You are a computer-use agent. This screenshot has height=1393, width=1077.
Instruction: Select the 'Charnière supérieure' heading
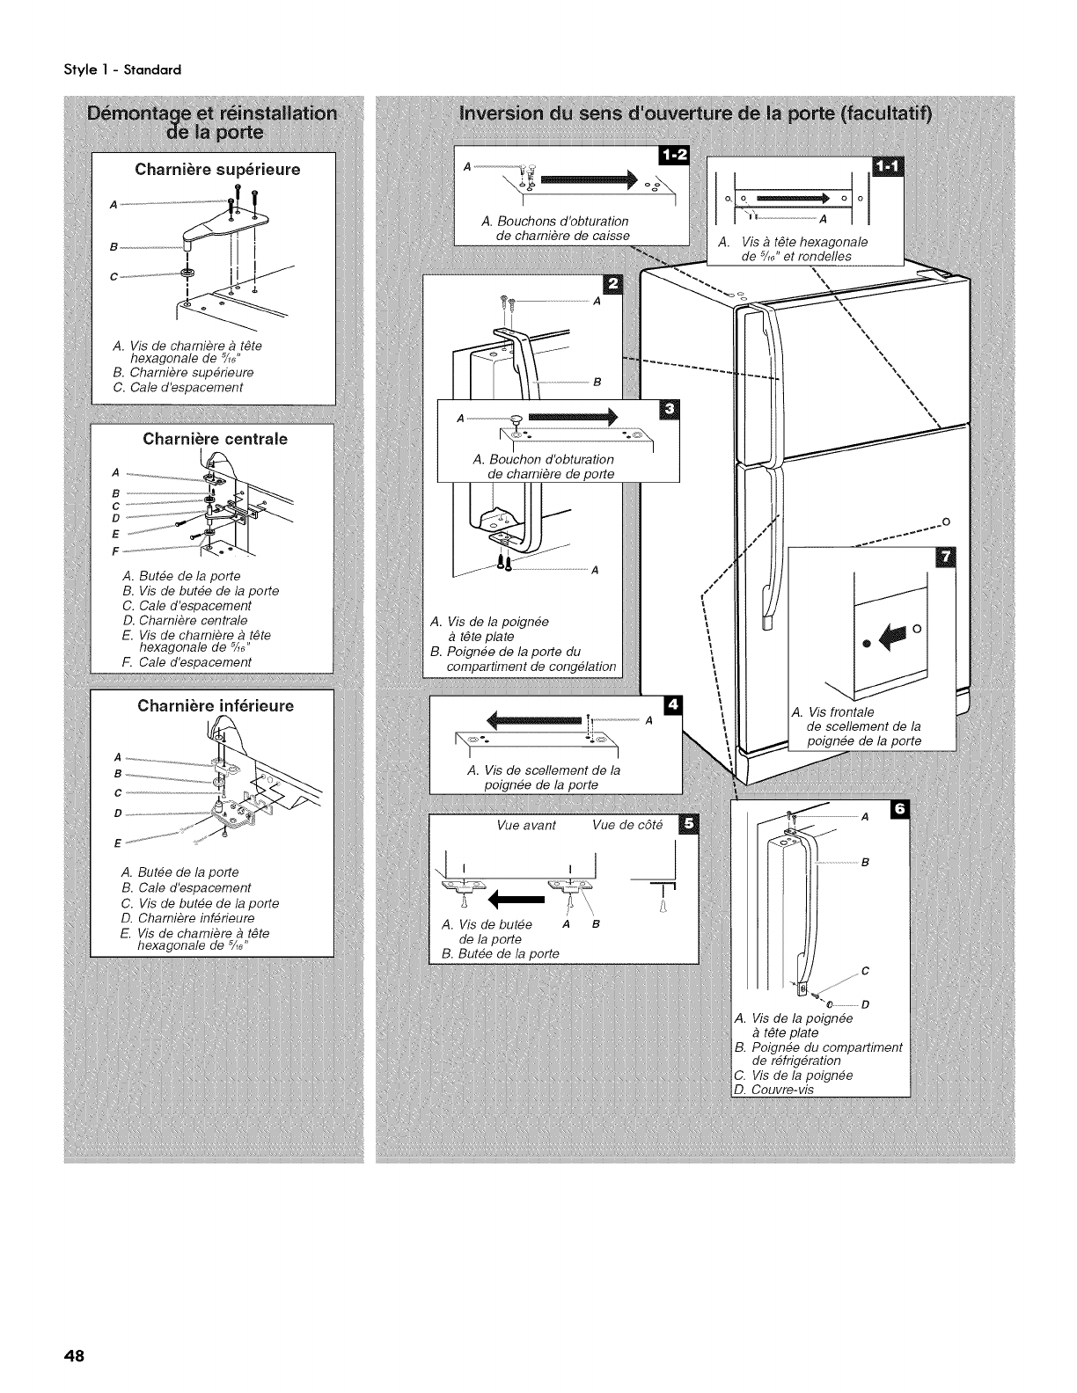[x=217, y=169]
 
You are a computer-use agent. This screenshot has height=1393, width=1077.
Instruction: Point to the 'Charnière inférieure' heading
[x=216, y=705]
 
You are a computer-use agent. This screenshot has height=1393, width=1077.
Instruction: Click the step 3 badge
[x=669, y=410]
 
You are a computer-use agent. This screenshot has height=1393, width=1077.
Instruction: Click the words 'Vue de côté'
[x=626, y=825]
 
